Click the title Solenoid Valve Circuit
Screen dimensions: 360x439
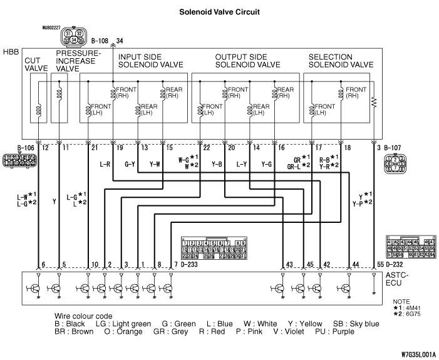point(219,11)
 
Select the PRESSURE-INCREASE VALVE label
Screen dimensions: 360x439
point(77,61)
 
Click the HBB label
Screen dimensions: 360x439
point(11,51)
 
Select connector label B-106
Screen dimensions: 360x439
point(25,147)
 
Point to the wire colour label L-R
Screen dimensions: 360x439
point(105,165)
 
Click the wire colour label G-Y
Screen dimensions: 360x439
point(130,165)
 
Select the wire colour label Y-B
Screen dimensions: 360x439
point(217,165)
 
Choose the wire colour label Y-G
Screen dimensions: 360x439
point(266,165)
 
